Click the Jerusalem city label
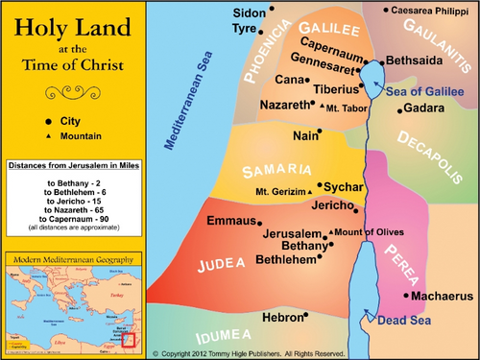point(293,233)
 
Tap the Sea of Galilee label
point(426,89)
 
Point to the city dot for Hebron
point(305,315)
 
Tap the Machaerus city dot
point(407,296)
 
